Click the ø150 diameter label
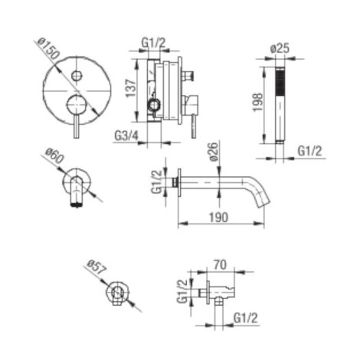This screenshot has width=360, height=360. pyautogui.click(x=48, y=49)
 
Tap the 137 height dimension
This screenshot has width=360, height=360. pyautogui.click(x=131, y=88)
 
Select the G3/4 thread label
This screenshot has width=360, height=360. pyautogui.click(x=126, y=136)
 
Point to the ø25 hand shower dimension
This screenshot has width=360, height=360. pyautogui.click(x=280, y=48)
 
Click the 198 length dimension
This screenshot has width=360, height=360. pyautogui.click(x=257, y=102)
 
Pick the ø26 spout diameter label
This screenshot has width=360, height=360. pyautogui.click(x=214, y=152)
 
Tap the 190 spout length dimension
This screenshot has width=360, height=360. pyautogui.click(x=219, y=218)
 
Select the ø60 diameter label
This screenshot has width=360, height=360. pyautogui.click(x=54, y=156)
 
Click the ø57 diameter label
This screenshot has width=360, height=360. pyautogui.click(x=96, y=267)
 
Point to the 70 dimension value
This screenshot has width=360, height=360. pyautogui.click(x=220, y=265)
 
